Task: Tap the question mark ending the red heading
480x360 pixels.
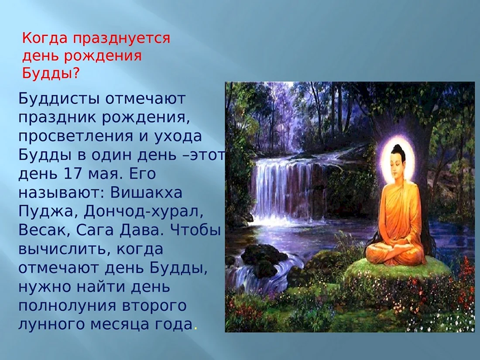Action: click(75, 73)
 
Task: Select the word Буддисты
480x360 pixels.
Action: click(60, 99)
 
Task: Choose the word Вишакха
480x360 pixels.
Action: click(146, 193)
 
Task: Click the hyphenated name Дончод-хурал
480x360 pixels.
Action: click(143, 212)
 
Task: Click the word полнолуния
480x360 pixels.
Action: click(67, 306)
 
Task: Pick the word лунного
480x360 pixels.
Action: click(51, 325)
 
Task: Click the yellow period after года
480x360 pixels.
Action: click(195, 329)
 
